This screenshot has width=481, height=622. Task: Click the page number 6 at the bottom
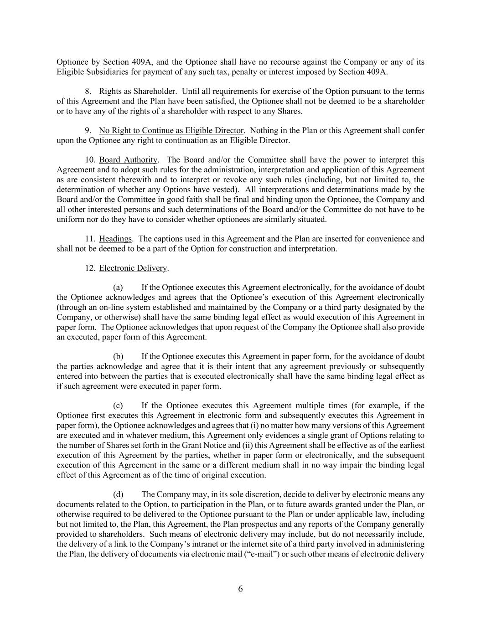[x=240, y=589]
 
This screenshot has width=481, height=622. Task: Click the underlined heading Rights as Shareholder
[x=137, y=91]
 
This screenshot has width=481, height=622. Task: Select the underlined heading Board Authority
[x=128, y=160]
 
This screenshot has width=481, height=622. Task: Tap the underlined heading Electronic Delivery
[x=133, y=268]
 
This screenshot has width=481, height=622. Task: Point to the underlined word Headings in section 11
[x=115, y=239]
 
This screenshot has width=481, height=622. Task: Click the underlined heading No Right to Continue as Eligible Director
[x=171, y=131]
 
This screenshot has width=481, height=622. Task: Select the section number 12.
[x=90, y=268]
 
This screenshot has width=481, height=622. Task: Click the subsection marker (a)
[x=118, y=288]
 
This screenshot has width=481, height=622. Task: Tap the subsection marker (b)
[x=118, y=356]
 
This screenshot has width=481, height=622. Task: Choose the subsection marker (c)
[x=118, y=406]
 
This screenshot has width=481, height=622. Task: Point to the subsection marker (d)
[x=118, y=494]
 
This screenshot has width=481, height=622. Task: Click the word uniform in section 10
[x=70, y=219]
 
